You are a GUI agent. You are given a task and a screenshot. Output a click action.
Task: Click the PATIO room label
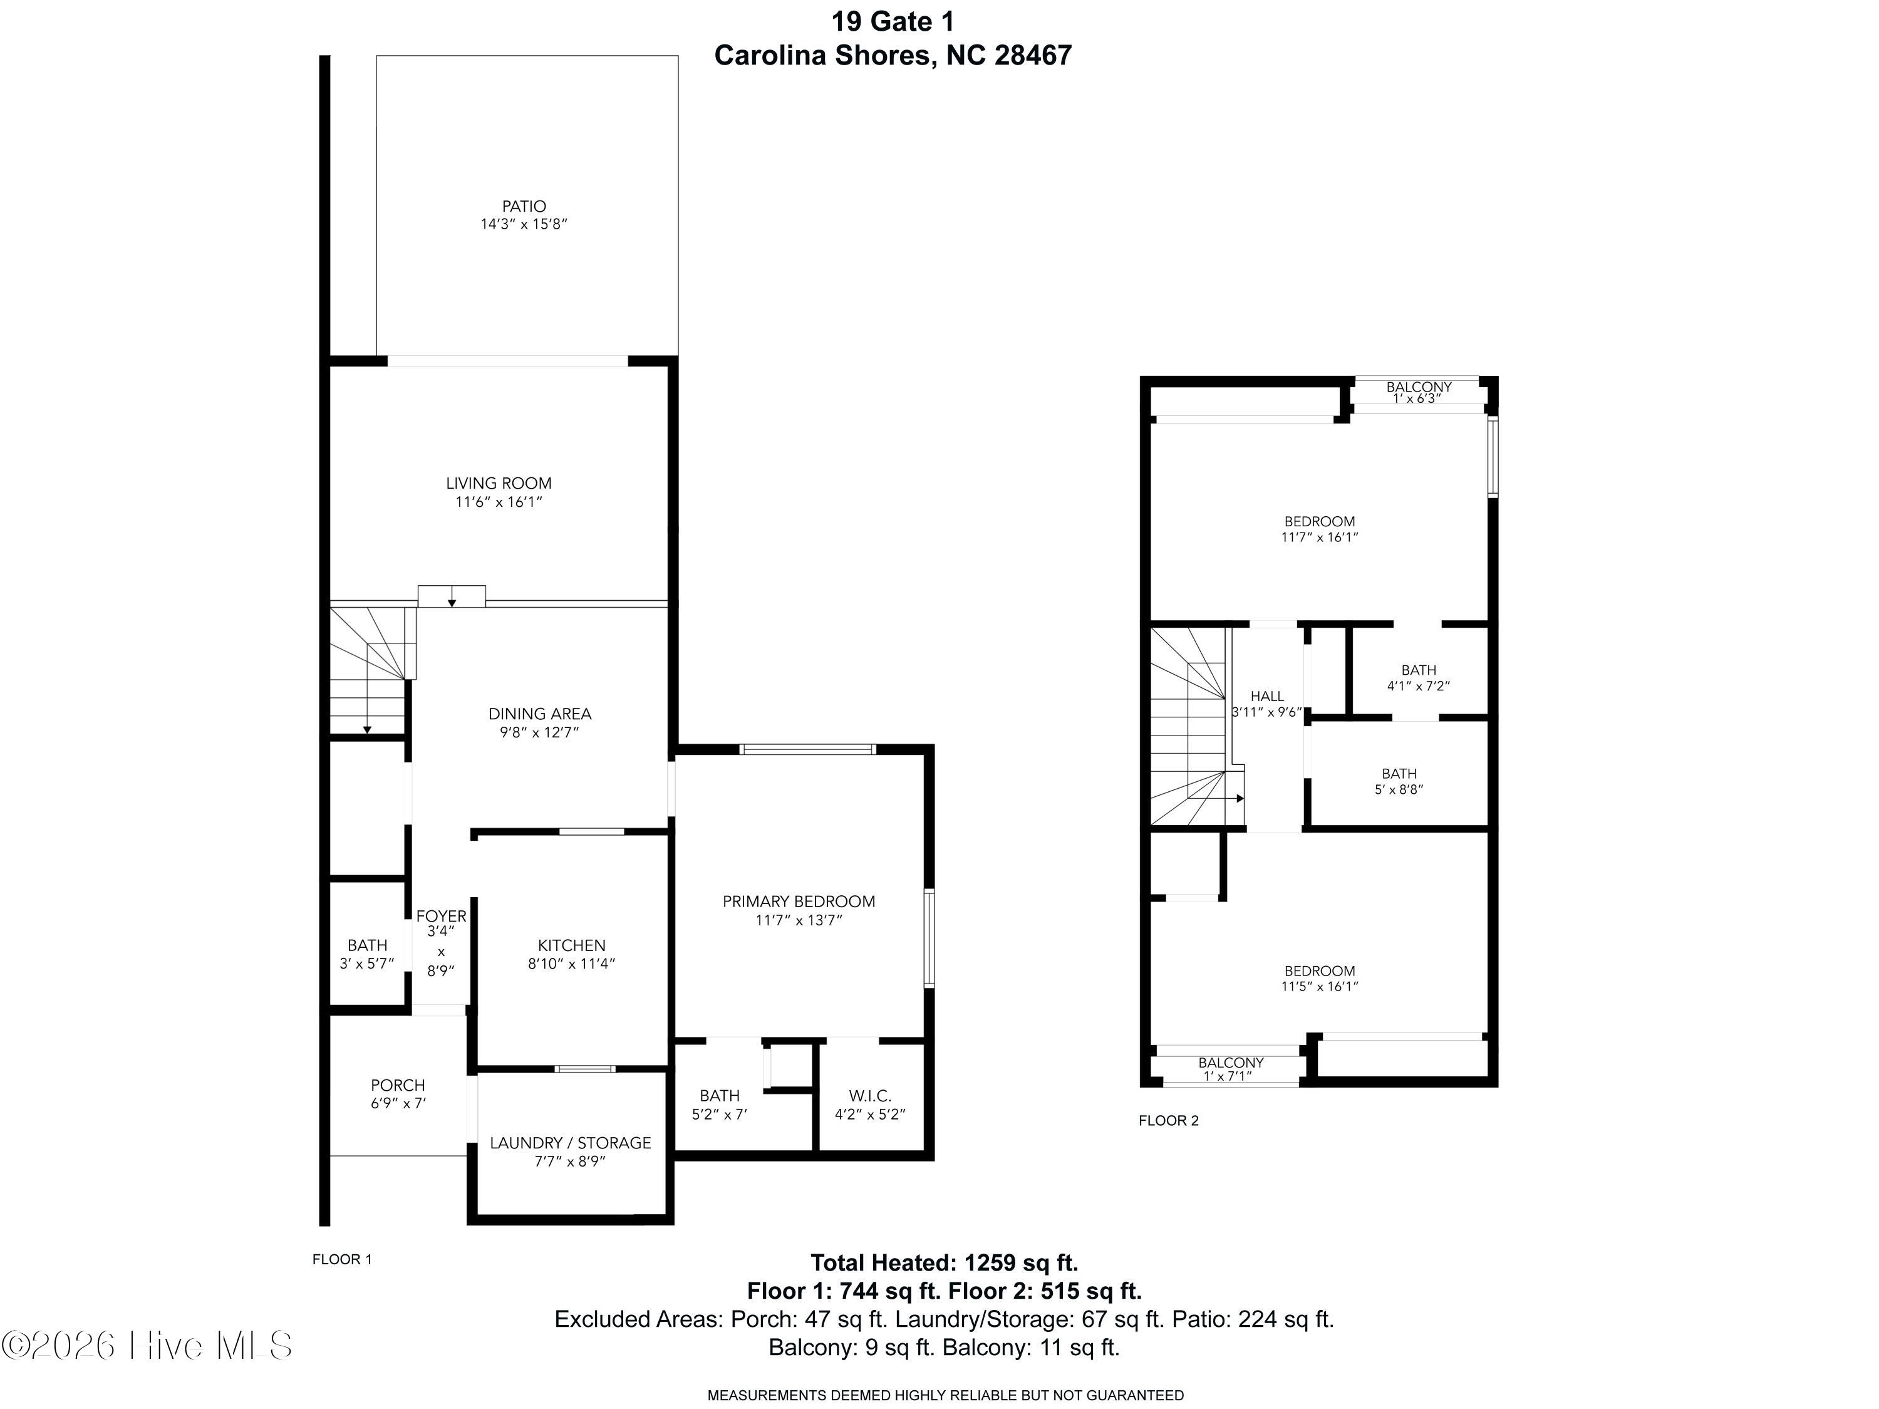[524, 207]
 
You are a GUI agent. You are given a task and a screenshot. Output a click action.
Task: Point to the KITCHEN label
[572, 945]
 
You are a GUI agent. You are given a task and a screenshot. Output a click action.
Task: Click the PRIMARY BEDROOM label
[799, 901]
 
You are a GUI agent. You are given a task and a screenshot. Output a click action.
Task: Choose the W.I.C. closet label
[870, 1096]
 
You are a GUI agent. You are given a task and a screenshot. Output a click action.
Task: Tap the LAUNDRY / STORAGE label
[570, 1143]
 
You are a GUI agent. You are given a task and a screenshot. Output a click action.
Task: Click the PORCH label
[398, 1085]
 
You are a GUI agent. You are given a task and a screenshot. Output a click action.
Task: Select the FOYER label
[441, 916]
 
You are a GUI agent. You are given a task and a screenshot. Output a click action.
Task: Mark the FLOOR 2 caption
[1168, 1120]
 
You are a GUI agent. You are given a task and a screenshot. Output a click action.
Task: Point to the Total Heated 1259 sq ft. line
[944, 1263]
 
